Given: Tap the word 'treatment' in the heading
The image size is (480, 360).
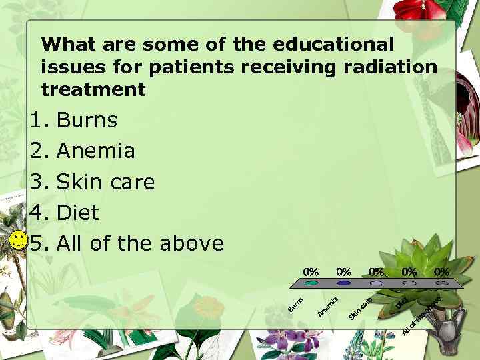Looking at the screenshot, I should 93,89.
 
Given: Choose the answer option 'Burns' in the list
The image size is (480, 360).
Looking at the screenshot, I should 87,121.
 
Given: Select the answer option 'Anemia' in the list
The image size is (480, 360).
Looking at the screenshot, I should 96,151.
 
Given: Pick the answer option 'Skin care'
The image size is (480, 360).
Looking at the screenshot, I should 106,182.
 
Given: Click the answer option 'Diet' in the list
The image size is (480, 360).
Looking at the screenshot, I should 78,213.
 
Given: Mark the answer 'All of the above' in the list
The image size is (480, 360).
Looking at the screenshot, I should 140,243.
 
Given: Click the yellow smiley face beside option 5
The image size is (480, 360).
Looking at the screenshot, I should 19,241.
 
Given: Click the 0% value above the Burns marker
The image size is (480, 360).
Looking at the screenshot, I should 311,271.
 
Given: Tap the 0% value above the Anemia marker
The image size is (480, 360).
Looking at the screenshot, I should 344,271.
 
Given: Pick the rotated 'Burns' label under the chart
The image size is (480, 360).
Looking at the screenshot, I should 297,303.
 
